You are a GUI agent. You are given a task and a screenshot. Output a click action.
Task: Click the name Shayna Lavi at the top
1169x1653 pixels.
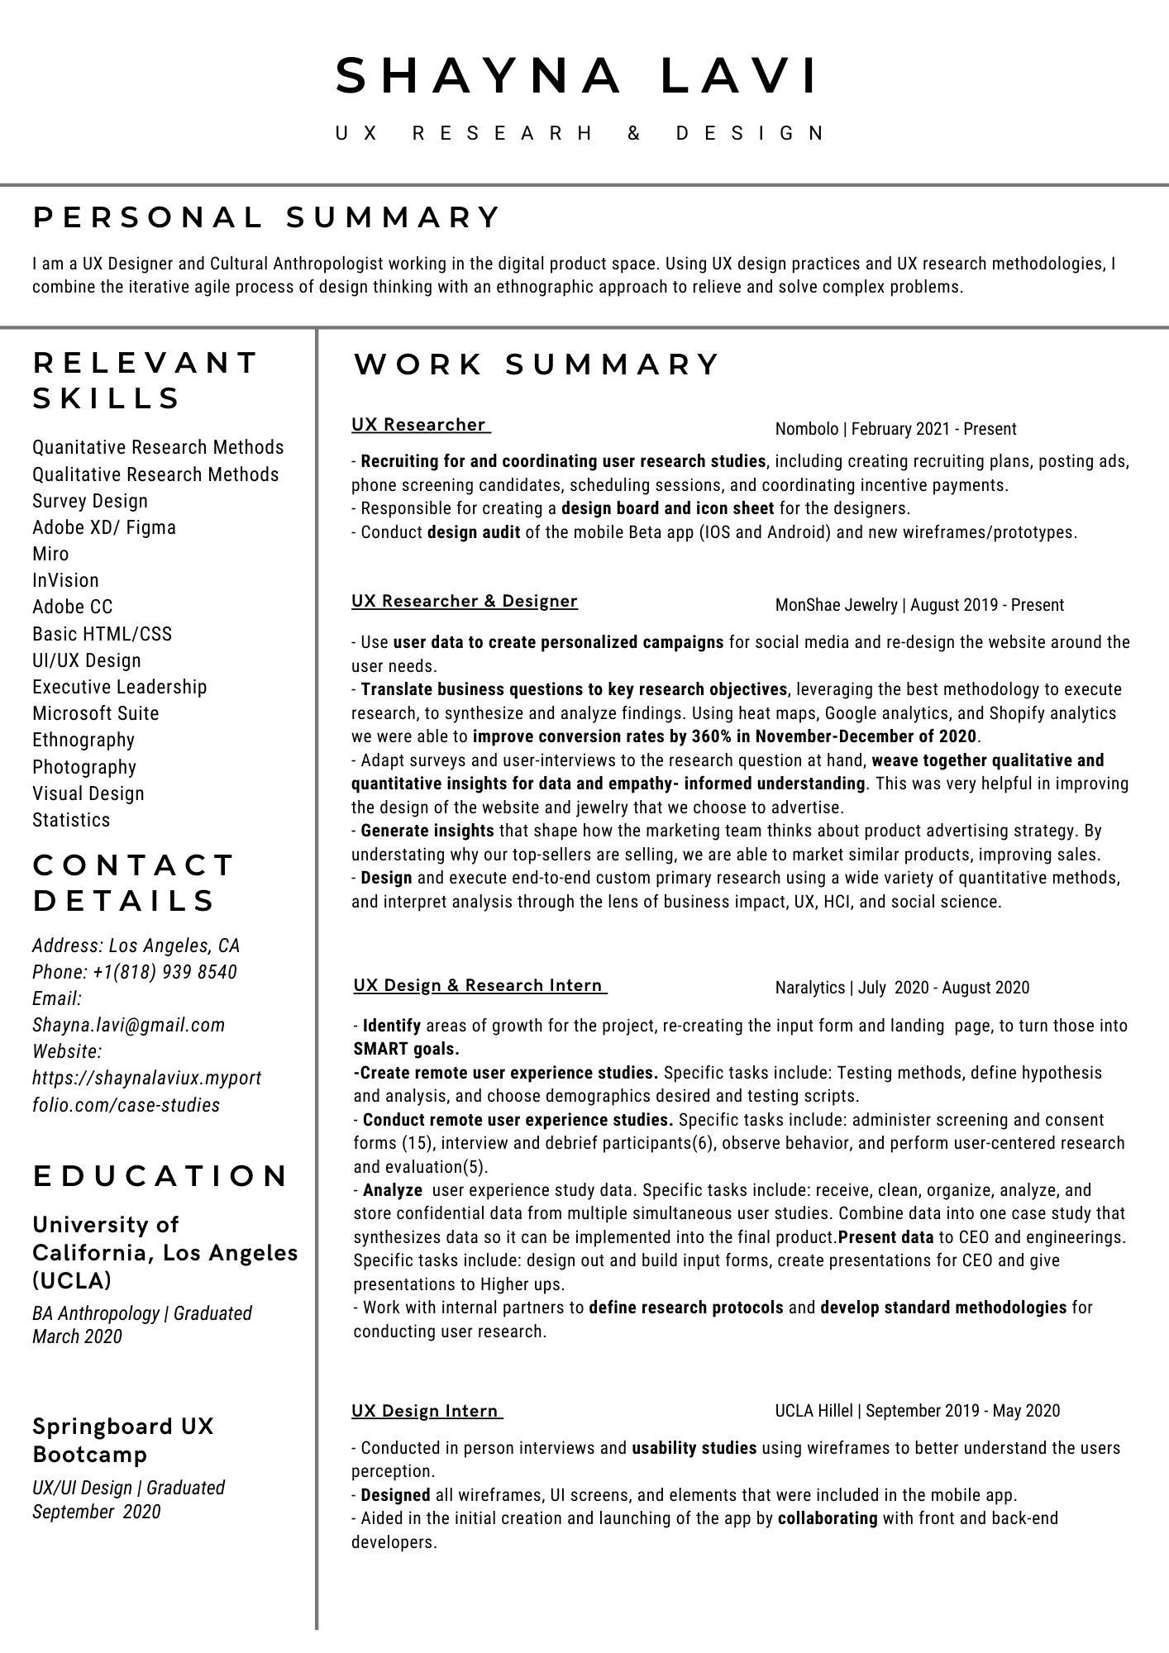(x=577, y=76)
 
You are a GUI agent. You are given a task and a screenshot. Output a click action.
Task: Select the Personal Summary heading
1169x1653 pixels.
(x=266, y=217)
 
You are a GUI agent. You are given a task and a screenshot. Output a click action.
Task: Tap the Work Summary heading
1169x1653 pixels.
(x=537, y=364)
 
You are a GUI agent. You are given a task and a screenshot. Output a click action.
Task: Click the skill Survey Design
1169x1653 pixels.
(x=90, y=501)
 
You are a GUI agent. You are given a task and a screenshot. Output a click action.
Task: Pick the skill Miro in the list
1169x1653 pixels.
(x=50, y=554)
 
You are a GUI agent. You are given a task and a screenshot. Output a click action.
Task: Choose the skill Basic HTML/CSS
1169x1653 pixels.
(x=103, y=634)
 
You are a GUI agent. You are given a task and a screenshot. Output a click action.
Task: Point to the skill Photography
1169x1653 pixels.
(x=84, y=767)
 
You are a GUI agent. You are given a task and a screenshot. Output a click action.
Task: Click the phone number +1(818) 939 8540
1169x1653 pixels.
(x=165, y=972)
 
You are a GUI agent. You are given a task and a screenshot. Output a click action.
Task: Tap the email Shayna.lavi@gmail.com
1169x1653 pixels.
(x=128, y=1025)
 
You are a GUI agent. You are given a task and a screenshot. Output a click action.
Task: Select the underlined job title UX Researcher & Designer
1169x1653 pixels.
(x=465, y=601)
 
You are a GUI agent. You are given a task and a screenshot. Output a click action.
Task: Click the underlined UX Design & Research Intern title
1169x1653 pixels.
(x=480, y=985)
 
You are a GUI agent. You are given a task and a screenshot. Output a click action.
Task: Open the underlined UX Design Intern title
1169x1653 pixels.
(x=427, y=1411)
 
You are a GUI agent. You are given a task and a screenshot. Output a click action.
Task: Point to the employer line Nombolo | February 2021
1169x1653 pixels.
(x=895, y=429)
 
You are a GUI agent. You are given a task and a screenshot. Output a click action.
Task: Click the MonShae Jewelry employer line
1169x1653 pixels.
(x=919, y=605)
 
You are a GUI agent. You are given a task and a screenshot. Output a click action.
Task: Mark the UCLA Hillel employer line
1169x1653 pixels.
(x=917, y=1411)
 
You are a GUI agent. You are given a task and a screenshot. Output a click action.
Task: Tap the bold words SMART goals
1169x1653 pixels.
(x=406, y=1049)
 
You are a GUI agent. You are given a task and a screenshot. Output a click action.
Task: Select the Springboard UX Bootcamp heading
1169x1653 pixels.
(x=123, y=1440)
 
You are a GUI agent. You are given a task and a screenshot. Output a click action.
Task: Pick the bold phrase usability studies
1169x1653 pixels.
(x=694, y=1448)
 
